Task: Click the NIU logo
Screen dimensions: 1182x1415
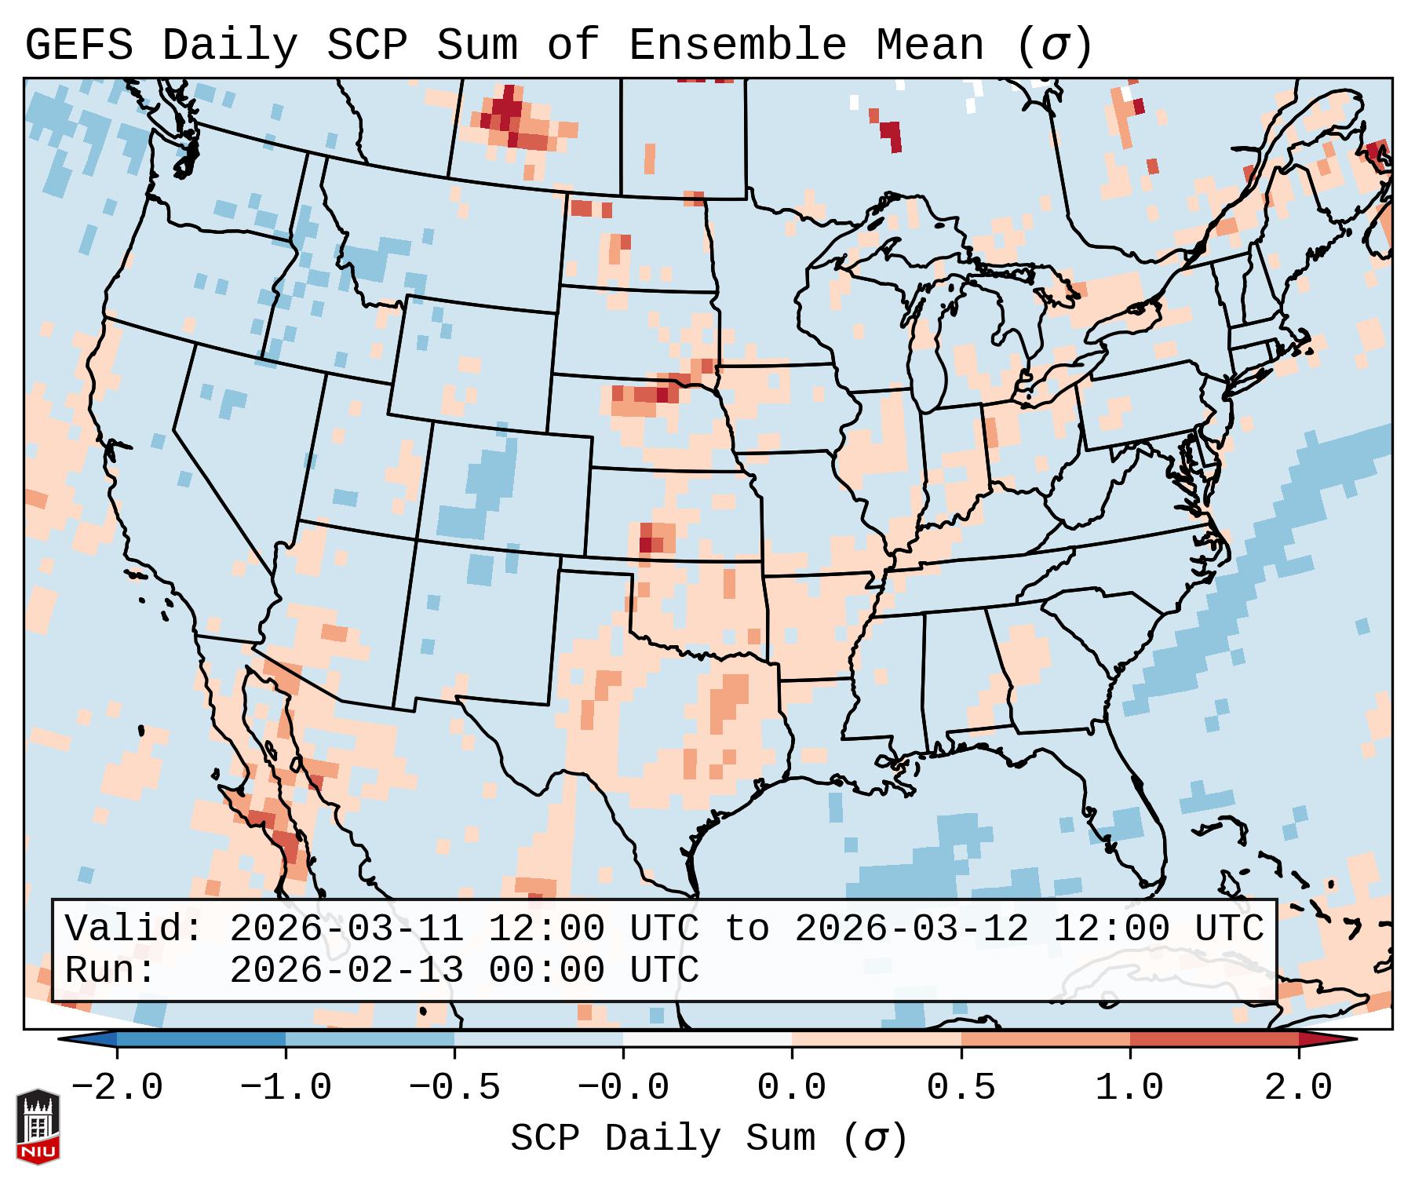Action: [38, 1126]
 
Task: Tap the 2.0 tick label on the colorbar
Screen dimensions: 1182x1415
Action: [1298, 1088]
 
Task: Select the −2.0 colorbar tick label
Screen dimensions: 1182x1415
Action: [117, 1088]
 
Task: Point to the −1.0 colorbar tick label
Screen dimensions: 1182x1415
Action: [285, 1088]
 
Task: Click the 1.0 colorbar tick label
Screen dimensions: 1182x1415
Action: [1129, 1088]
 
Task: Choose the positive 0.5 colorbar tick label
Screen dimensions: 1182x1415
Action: [961, 1088]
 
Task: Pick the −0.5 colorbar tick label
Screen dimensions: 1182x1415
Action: [454, 1088]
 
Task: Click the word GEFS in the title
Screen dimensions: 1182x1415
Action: [78, 46]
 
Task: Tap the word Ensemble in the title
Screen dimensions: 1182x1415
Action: [738, 46]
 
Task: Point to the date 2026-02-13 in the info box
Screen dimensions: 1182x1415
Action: [347, 970]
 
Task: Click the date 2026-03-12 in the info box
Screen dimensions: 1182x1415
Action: [911, 928]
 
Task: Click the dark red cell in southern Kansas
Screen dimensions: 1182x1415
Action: [645, 542]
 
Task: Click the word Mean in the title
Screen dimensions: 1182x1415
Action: [929, 46]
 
